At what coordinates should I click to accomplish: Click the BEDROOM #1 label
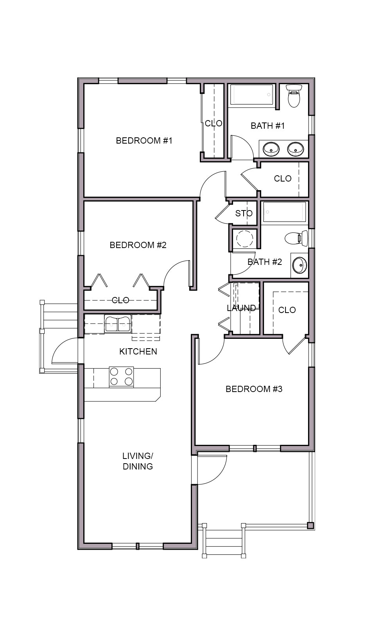point(144,140)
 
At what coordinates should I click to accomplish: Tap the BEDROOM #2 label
point(138,245)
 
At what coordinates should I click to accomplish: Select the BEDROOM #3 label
point(254,389)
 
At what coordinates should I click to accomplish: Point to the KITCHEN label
point(138,351)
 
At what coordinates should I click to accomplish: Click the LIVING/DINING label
point(138,461)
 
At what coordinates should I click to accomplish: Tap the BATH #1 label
point(267,126)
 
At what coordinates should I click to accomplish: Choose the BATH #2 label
point(265,262)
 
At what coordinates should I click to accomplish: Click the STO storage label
point(244,214)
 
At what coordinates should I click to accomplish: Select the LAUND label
point(241,308)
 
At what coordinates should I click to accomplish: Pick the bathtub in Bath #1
point(251,94)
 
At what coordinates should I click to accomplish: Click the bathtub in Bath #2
point(284,212)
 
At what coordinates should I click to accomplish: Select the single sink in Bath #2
point(300,265)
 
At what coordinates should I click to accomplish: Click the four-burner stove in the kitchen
point(121,377)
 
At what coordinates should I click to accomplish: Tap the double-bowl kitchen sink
point(118,324)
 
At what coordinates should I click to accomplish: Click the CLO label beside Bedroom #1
point(213,123)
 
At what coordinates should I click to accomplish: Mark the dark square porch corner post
point(310,525)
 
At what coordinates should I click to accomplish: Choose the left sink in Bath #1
point(271,149)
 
